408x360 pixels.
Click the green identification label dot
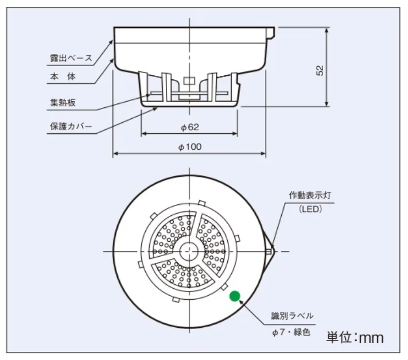[235, 296]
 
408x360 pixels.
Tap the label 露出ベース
[71, 58]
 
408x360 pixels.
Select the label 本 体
[63, 76]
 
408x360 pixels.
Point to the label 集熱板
[63, 102]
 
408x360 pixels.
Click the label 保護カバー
[71, 126]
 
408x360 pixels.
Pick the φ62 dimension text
[190, 127]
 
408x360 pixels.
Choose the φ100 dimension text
[190, 147]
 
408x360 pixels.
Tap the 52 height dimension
[320, 70]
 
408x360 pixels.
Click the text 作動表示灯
[310, 195]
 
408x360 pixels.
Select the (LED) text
[310, 209]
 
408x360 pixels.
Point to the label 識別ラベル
[292, 316]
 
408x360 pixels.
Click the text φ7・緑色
[291, 332]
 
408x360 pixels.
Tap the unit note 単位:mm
[355, 338]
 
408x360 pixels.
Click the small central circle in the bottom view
[189, 251]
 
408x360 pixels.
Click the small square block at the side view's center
[189, 80]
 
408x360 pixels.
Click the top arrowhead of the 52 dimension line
[327, 30]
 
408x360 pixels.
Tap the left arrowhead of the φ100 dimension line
[116, 153]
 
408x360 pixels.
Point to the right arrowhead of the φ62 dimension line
[235, 134]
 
